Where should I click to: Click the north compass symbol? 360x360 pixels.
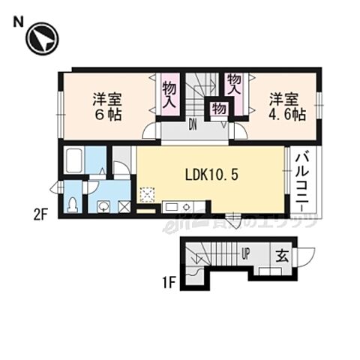pyautogui.click(x=42, y=39)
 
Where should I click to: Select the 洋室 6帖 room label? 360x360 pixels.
pyautogui.click(x=108, y=106)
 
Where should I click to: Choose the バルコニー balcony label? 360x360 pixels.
pyautogui.click(x=304, y=181)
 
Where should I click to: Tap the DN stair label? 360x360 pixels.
pyautogui.click(x=193, y=124)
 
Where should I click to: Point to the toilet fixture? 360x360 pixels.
pyautogui.click(x=73, y=204)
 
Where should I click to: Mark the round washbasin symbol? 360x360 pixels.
pyautogui.click(x=104, y=205)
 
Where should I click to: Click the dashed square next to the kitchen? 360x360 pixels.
pyautogui.click(x=148, y=195)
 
